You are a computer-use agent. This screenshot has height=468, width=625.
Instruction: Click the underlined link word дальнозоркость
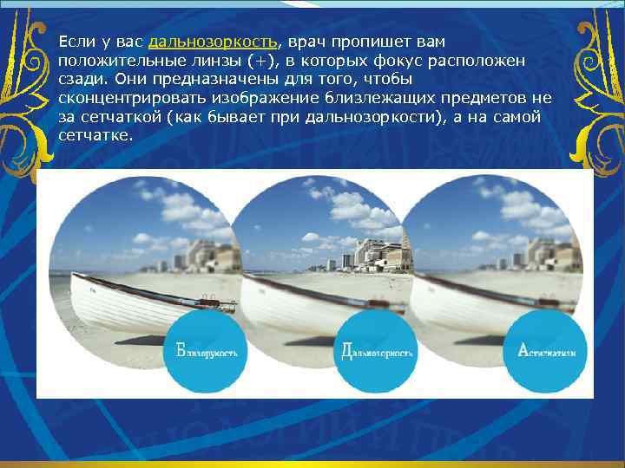214,42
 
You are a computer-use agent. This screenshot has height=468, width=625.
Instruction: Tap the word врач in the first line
305,42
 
